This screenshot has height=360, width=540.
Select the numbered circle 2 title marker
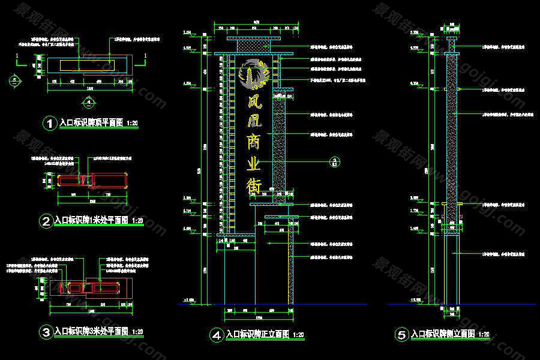[46, 221]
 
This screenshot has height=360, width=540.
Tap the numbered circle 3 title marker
[46, 331]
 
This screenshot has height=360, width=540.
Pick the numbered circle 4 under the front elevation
[216, 335]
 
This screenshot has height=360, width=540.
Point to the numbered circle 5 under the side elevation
[401, 335]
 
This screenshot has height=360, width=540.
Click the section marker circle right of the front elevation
[335, 161]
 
